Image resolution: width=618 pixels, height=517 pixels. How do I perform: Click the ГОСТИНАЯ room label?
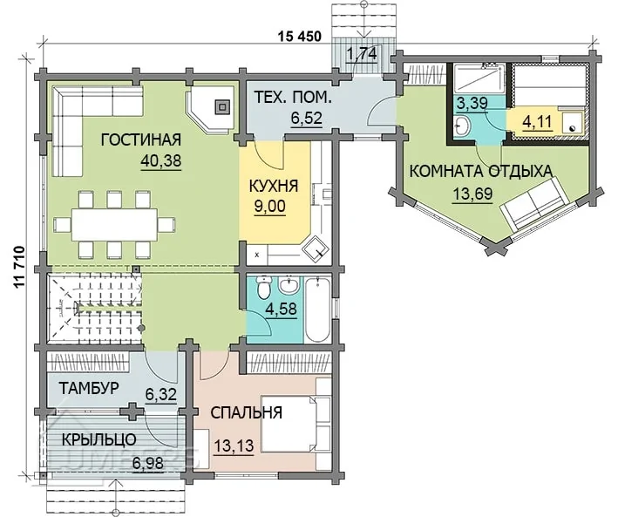pyautogui.click(x=141, y=140)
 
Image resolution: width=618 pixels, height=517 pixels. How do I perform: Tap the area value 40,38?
pyautogui.click(x=160, y=160)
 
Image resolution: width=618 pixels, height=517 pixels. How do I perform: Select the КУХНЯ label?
pyautogui.click(x=274, y=186)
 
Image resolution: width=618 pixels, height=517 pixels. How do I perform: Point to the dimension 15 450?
pyautogui.click(x=300, y=37)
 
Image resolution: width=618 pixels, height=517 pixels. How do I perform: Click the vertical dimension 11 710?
pyautogui.click(x=20, y=269)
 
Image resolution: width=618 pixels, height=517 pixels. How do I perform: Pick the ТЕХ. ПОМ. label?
pyautogui.click(x=293, y=98)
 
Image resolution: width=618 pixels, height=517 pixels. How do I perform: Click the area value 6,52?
pyautogui.click(x=307, y=118)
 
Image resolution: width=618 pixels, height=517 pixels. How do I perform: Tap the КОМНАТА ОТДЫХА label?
pyautogui.click(x=481, y=172)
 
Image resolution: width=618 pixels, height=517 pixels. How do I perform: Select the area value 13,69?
pyautogui.click(x=472, y=194)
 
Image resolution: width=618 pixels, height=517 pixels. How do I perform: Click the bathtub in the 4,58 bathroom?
pyautogui.click(x=317, y=310)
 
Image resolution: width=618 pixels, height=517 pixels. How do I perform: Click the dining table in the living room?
pyautogui.click(x=114, y=225)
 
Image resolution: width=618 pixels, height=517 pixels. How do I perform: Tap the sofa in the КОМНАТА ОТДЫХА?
pyautogui.click(x=535, y=204)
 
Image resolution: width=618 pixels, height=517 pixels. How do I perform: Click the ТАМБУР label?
pyautogui.click(x=89, y=389)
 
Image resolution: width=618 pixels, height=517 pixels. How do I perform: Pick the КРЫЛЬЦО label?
pyautogui.click(x=99, y=439)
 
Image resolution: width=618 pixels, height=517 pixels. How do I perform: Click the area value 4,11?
pyautogui.click(x=537, y=122)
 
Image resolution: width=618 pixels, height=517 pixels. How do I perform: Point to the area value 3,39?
pyautogui.click(x=472, y=104)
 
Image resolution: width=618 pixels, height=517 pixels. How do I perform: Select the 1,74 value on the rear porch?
pyautogui.click(x=362, y=54)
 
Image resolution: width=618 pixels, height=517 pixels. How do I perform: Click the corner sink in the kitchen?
pyautogui.click(x=316, y=249)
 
